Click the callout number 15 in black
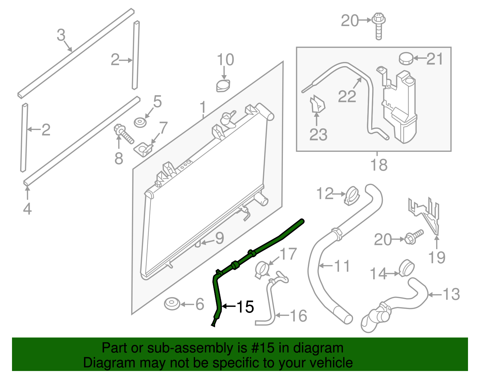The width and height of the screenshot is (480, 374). (x=245, y=307)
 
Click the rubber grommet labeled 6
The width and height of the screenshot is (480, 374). (x=172, y=304)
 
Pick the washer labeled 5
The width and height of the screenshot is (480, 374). (x=140, y=123)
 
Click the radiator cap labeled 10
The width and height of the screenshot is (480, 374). (x=223, y=86)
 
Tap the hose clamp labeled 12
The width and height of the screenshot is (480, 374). (x=351, y=196)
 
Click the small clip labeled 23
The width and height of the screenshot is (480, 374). (x=317, y=105)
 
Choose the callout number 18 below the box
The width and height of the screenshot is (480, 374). (x=379, y=165)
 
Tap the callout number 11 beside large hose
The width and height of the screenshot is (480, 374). (x=342, y=266)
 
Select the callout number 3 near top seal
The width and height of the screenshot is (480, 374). (x=61, y=35)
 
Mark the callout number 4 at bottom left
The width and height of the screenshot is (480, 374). (x=27, y=209)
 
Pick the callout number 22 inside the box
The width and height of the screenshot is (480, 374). (x=347, y=96)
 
